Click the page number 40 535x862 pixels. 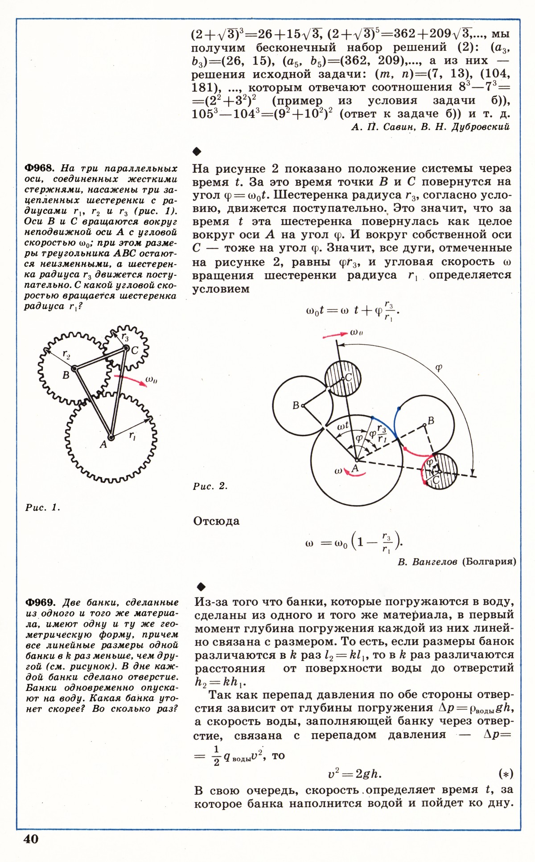[31, 839]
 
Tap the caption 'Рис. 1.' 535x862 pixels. [43, 507]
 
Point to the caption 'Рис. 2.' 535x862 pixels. [210, 486]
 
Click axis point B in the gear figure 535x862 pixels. [74, 368]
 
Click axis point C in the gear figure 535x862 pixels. [126, 348]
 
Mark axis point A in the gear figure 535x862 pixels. [111, 437]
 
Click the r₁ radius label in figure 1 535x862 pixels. [132, 437]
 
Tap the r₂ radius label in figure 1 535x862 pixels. [66, 355]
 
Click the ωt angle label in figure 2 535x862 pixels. [343, 426]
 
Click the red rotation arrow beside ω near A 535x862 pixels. [355, 474]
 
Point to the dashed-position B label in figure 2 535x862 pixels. [431, 420]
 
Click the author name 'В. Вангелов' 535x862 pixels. [427, 561]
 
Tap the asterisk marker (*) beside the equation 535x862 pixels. [506, 774]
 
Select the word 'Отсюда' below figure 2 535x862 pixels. [216, 521]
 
